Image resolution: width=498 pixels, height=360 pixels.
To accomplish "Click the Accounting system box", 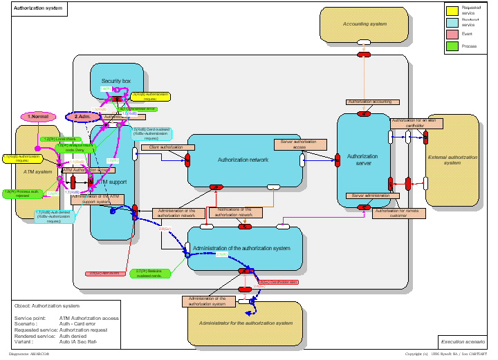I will coord(365,24).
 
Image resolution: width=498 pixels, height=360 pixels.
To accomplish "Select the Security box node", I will coord(116,81).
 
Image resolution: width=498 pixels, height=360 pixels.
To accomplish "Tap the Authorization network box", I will coord(243,160).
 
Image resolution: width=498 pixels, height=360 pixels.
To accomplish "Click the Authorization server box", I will coord(362,160).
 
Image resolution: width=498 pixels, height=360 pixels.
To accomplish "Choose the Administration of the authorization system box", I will coord(246,248).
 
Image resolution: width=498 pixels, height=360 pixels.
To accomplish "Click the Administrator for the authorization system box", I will coord(246,323).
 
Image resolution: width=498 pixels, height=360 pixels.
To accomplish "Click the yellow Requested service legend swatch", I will coord(452,10).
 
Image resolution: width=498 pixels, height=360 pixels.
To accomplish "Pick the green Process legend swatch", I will coord(452,47).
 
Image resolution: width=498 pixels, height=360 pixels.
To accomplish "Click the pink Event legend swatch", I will coord(452,35).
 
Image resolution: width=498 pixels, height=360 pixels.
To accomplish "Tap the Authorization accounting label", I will coord(369,102).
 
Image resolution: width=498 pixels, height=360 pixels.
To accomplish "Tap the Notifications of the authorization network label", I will coord(234,212).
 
